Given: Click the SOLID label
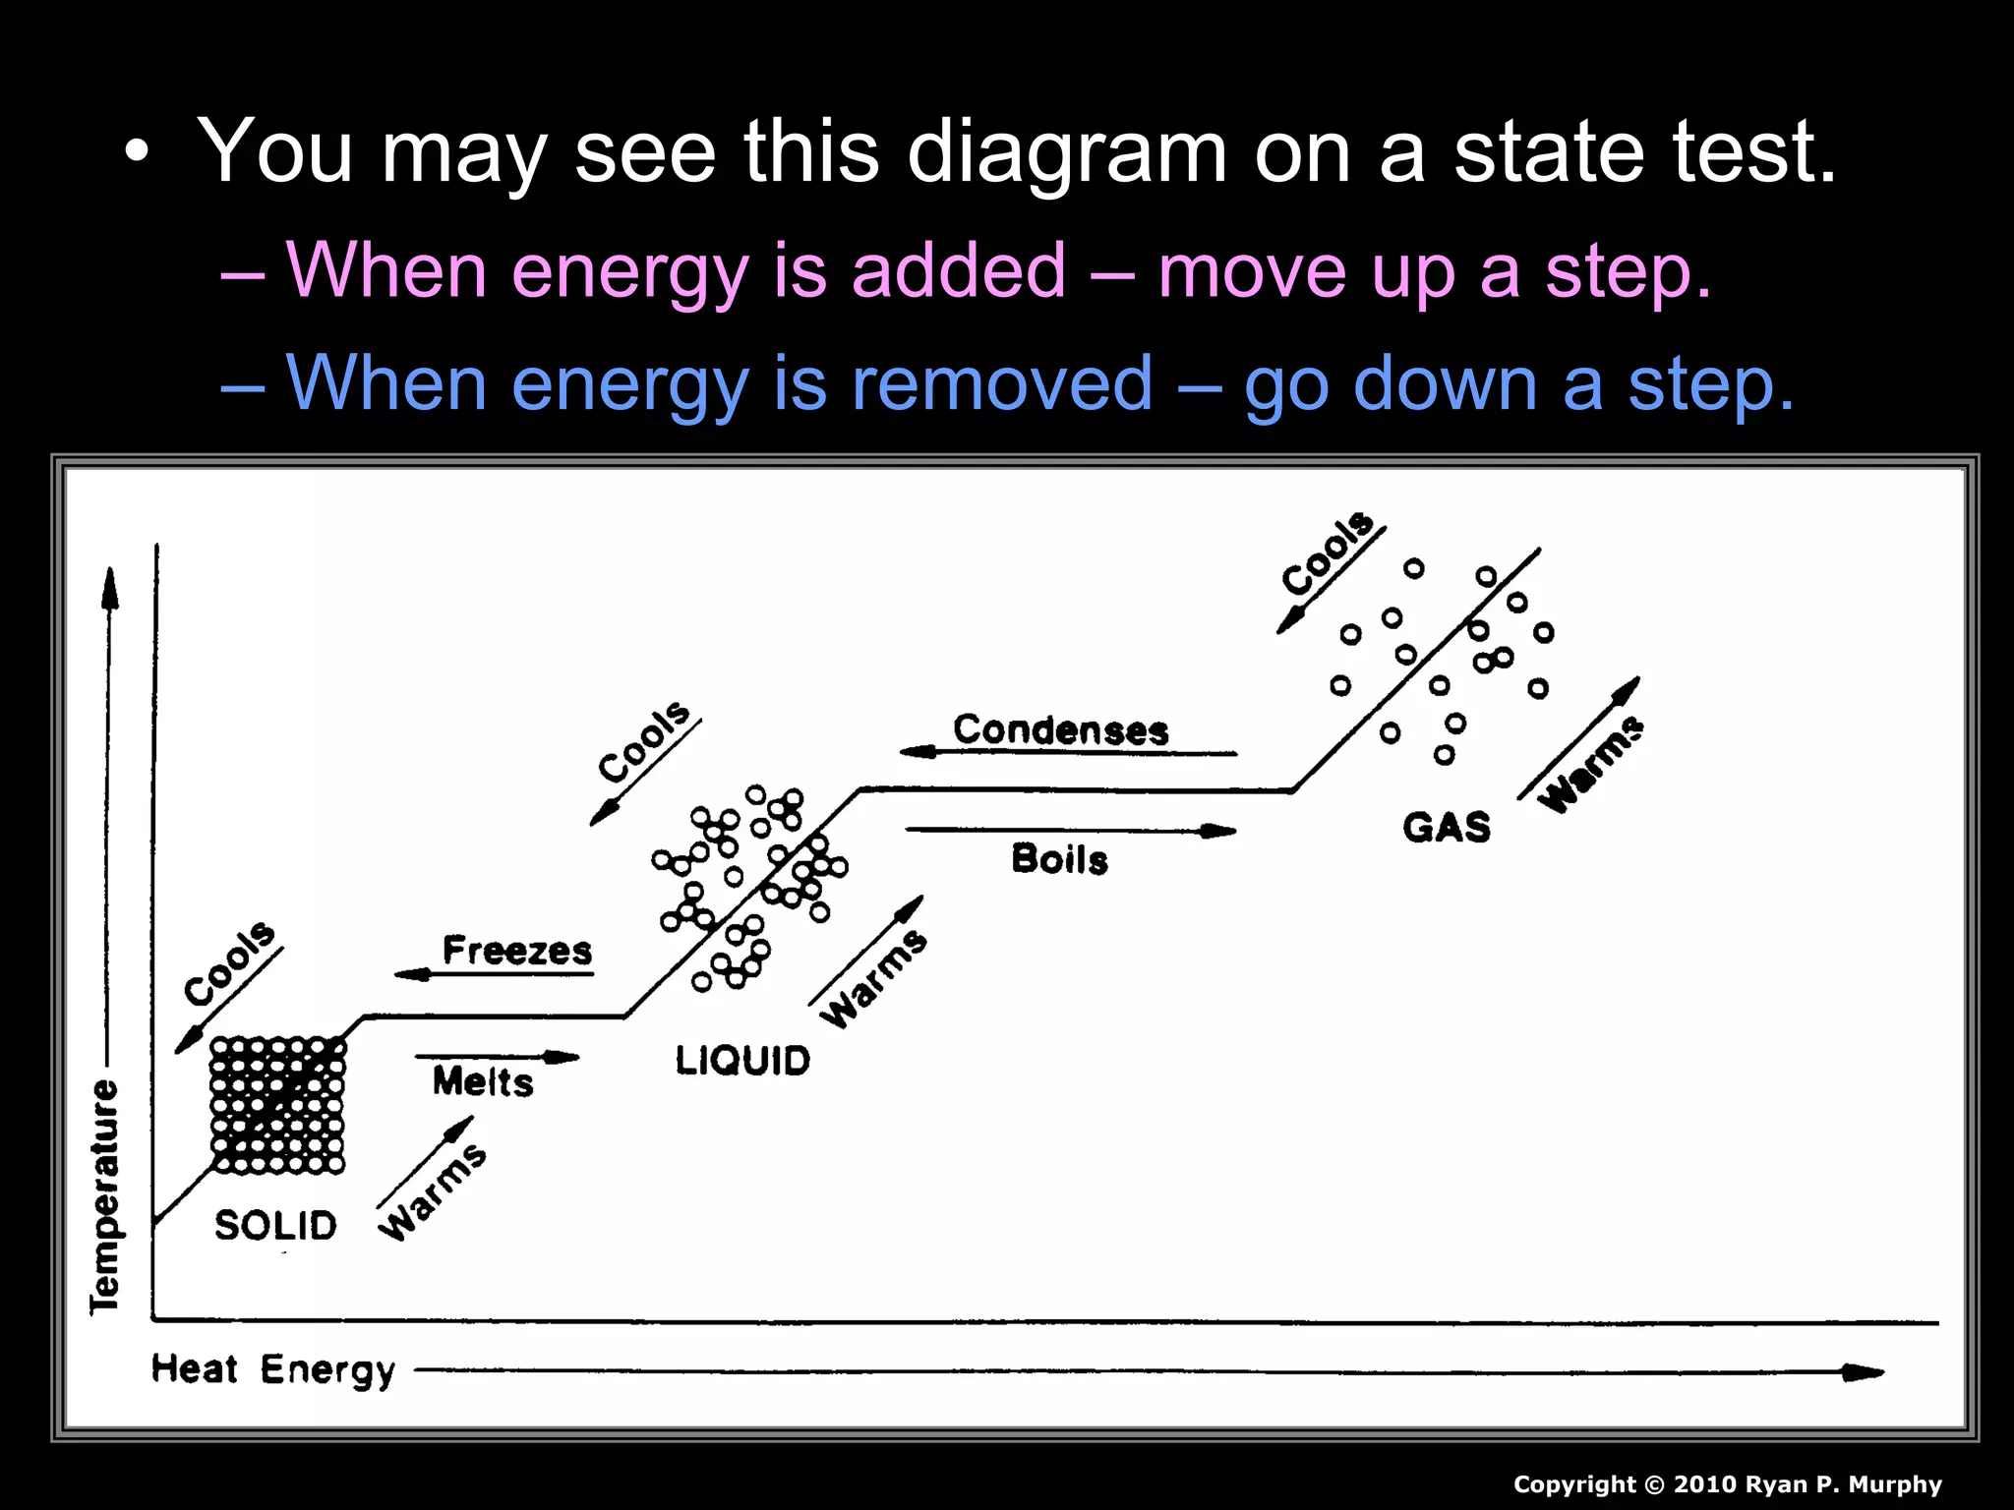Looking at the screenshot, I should click(x=275, y=1225).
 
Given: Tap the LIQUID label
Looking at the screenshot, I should click(x=742, y=1061).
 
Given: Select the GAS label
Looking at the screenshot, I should click(x=1447, y=828).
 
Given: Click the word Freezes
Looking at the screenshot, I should click(x=517, y=951).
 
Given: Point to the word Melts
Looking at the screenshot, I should click(x=483, y=1081).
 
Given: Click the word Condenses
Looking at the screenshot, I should click(x=1061, y=730).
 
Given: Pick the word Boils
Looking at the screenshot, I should click(x=1060, y=859).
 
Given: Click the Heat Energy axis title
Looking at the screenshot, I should click(x=273, y=1369).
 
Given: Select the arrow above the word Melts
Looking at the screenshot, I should click(x=498, y=1058).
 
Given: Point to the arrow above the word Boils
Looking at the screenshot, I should click(x=1070, y=831).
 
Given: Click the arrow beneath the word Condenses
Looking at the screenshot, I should click(x=1068, y=753).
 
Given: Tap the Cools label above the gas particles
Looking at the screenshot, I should click(x=1329, y=552).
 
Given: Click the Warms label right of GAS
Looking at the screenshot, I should click(x=1591, y=764).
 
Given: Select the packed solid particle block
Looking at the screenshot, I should click(x=278, y=1105).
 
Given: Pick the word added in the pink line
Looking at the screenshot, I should click(x=958, y=269).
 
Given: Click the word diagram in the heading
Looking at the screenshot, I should click(x=1067, y=152).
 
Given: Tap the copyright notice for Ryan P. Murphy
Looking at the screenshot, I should click(x=1727, y=1484).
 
